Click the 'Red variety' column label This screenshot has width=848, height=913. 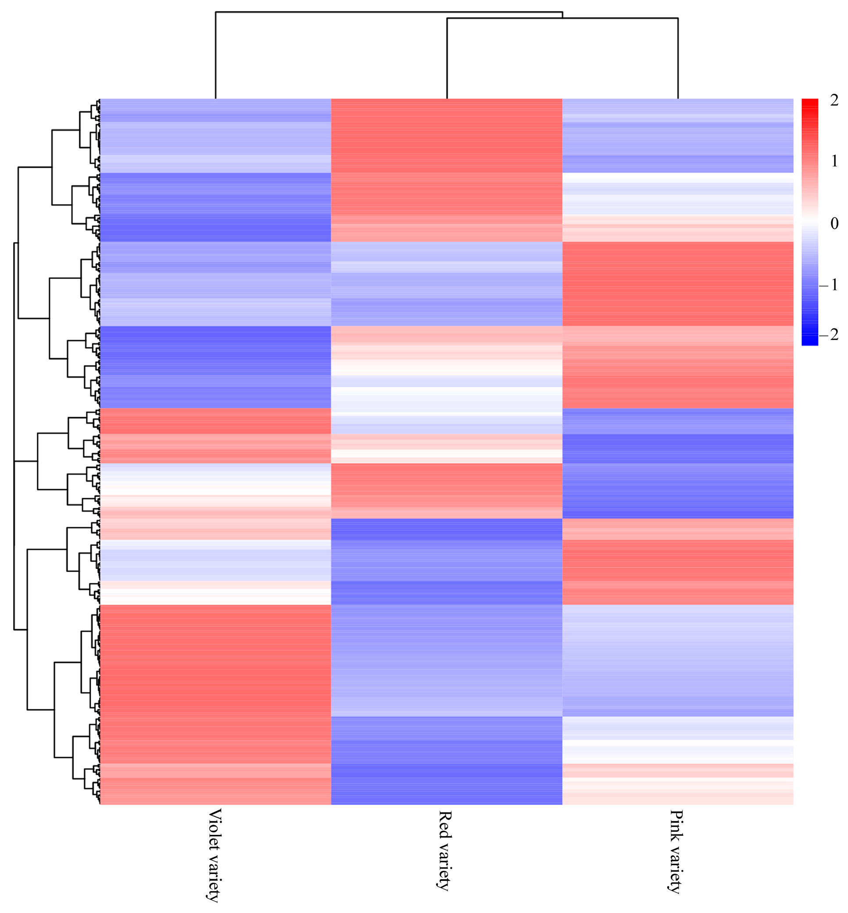[x=446, y=857]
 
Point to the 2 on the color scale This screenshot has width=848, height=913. [x=834, y=100]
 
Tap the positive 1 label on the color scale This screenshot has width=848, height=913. [x=834, y=161]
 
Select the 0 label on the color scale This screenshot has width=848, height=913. [x=834, y=224]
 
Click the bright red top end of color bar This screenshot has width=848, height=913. [x=809, y=102]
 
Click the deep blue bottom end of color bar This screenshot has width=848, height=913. [x=809, y=342]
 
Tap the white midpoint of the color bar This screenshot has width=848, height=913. [x=809, y=222]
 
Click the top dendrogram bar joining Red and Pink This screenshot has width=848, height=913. [x=562, y=18]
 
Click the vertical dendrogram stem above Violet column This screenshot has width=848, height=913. [x=216, y=55]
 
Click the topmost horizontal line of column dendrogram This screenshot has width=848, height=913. [x=389, y=11]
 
